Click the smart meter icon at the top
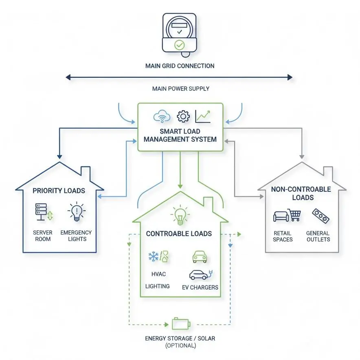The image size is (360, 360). click(x=180, y=34)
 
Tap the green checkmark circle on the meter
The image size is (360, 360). click(x=179, y=45)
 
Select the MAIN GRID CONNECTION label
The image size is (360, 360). click(x=180, y=66)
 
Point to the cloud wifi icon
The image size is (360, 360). click(x=162, y=117)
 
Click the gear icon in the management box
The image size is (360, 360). click(x=183, y=116)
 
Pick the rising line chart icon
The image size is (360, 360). click(x=203, y=116)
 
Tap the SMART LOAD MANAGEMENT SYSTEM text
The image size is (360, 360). click(x=180, y=135)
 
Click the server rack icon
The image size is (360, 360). click(x=41, y=212)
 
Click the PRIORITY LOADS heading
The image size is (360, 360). click(x=59, y=191)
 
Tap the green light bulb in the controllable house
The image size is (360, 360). click(x=179, y=216)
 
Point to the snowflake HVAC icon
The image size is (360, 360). click(x=154, y=257)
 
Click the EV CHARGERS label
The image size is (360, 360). click(x=200, y=287)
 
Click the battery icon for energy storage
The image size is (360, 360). click(x=180, y=324)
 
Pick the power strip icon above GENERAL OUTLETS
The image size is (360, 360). click(x=320, y=216)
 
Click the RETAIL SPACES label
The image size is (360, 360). click(x=283, y=236)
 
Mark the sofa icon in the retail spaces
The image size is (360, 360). click(x=280, y=216)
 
